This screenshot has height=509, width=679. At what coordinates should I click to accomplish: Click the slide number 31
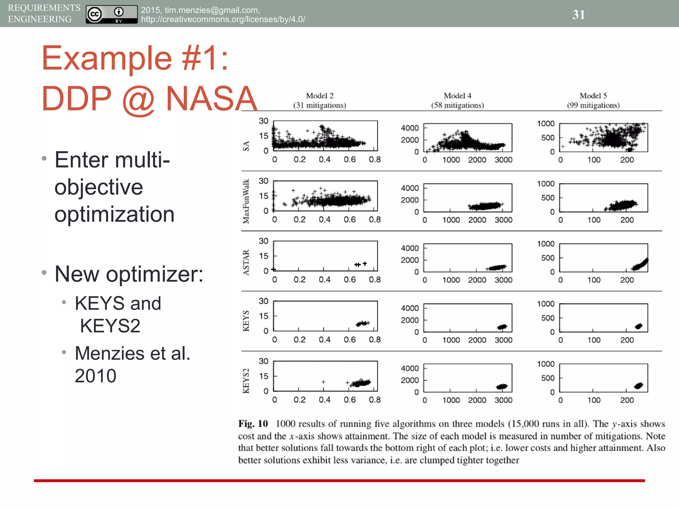(579, 15)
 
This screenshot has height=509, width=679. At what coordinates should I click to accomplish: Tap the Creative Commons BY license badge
(111, 15)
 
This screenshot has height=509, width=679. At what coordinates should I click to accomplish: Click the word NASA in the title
(212, 99)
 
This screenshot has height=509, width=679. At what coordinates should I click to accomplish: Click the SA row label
(246, 146)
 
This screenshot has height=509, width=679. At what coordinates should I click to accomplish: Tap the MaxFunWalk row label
(246, 201)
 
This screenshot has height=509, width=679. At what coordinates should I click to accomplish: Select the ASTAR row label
(246, 262)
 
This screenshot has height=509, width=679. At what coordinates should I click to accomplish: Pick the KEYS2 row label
(246, 381)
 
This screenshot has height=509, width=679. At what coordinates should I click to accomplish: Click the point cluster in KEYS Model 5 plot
(638, 326)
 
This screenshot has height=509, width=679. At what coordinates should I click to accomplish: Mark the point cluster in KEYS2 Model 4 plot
(502, 386)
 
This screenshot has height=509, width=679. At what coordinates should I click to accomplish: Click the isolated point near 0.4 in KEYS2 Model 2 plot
(323, 382)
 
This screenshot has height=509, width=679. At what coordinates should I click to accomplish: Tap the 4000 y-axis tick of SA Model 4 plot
(410, 128)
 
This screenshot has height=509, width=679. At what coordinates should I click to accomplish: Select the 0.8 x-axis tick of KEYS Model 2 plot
(375, 340)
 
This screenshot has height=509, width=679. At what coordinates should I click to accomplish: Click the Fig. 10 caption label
(253, 424)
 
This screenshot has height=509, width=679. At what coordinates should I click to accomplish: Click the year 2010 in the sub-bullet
(95, 376)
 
